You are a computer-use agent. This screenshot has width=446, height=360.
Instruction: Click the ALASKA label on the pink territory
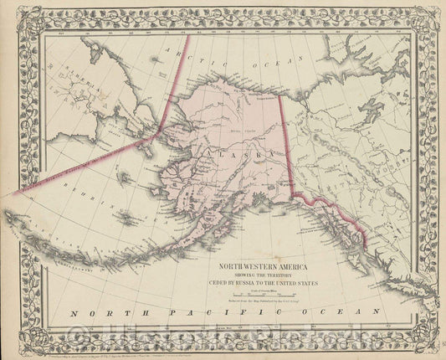click(x=237, y=155)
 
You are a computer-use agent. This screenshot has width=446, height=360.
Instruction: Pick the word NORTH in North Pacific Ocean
click(x=97, y=313)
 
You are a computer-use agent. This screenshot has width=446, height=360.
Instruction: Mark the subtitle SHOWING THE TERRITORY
click(x=263, y=276)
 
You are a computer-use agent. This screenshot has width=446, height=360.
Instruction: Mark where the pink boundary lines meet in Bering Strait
click(x=158, y=132)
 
